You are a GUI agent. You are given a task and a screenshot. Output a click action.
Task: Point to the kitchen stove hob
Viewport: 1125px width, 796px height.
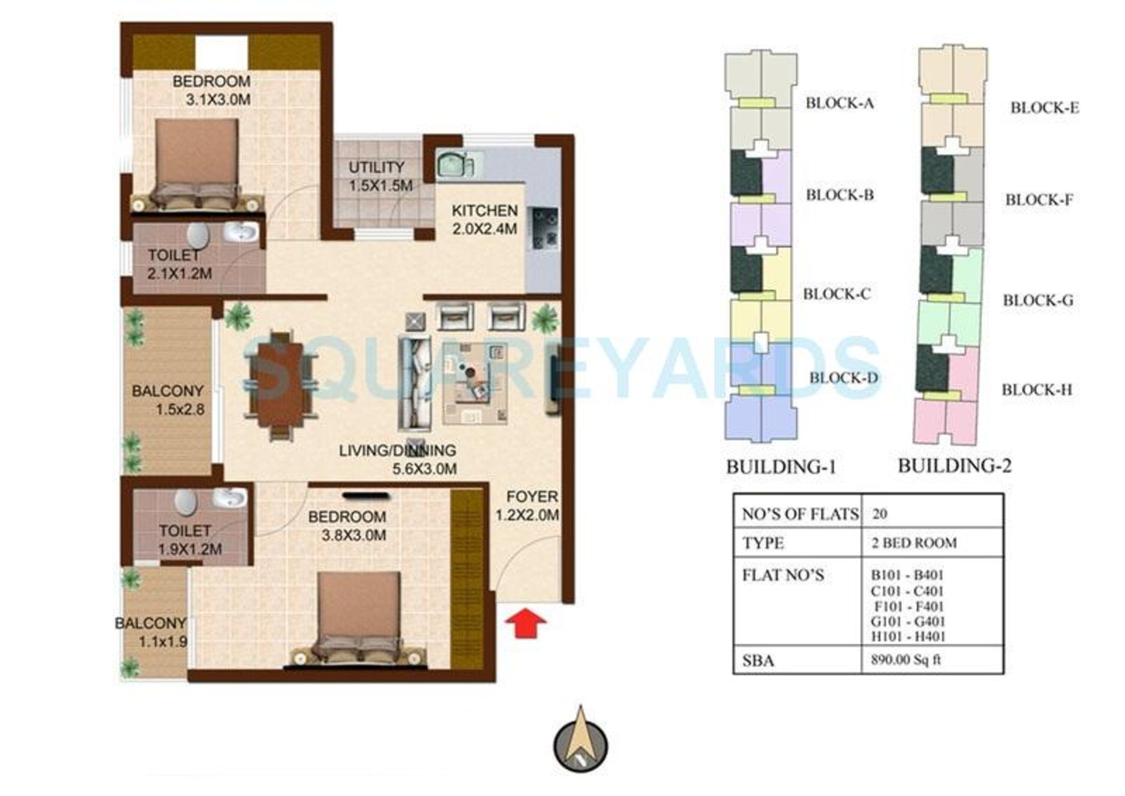coord(544,228)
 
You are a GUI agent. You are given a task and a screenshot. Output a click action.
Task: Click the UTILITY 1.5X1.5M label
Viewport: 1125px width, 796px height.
coord(380,177)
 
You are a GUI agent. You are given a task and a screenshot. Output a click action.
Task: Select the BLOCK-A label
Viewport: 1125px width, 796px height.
coord(840,103)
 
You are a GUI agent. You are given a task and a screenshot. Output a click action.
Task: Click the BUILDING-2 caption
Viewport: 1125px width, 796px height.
coord(954,466)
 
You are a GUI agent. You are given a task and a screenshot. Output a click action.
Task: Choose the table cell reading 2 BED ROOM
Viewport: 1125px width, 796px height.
coord(914,543)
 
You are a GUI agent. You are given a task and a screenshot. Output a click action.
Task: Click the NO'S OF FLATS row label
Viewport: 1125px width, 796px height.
coord(800,514)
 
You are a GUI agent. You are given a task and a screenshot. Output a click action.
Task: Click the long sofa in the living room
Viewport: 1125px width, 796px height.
coord(415,384)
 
